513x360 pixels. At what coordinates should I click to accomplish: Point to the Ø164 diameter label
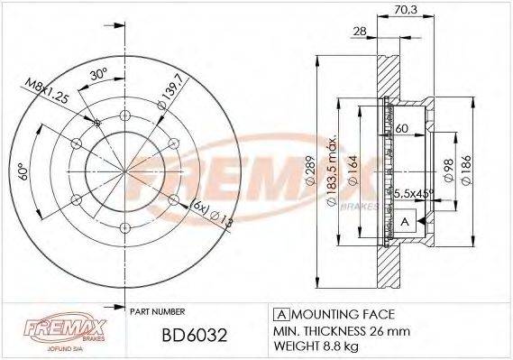tap(354, 168)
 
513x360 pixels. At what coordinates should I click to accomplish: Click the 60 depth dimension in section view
tap(402, 129)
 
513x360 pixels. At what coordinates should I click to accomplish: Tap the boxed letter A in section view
tap(404, 221)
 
